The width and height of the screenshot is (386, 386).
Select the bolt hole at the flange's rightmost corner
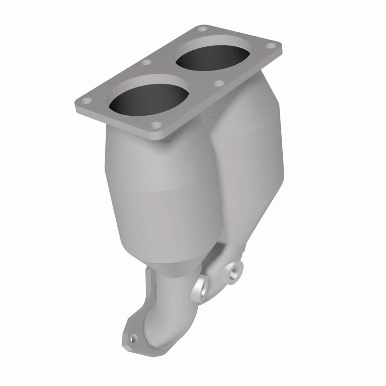(272, 47)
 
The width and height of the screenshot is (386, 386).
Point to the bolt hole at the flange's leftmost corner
(86, 101)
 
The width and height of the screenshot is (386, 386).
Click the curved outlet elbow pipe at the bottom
(159, 309)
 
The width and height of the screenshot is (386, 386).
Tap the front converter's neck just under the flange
(145, 140)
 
